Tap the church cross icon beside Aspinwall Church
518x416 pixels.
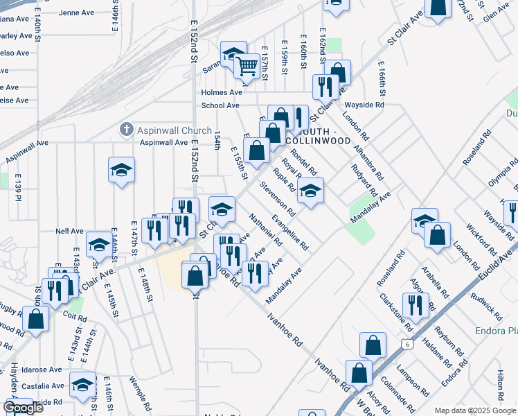click(x=126, y=129)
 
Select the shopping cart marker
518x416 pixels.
click(x=247, y=67)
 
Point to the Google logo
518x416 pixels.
click(x=23, y=408)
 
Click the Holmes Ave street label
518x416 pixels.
click(x=222, y=92)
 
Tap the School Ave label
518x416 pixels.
click(x=220, y=105)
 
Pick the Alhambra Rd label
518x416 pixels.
click(x=364, y=162)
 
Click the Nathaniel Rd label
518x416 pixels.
click(x=265, y=230)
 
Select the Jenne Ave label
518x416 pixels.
click(x=76, y=12)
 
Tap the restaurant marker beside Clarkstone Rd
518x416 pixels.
click(x=416, y=304)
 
